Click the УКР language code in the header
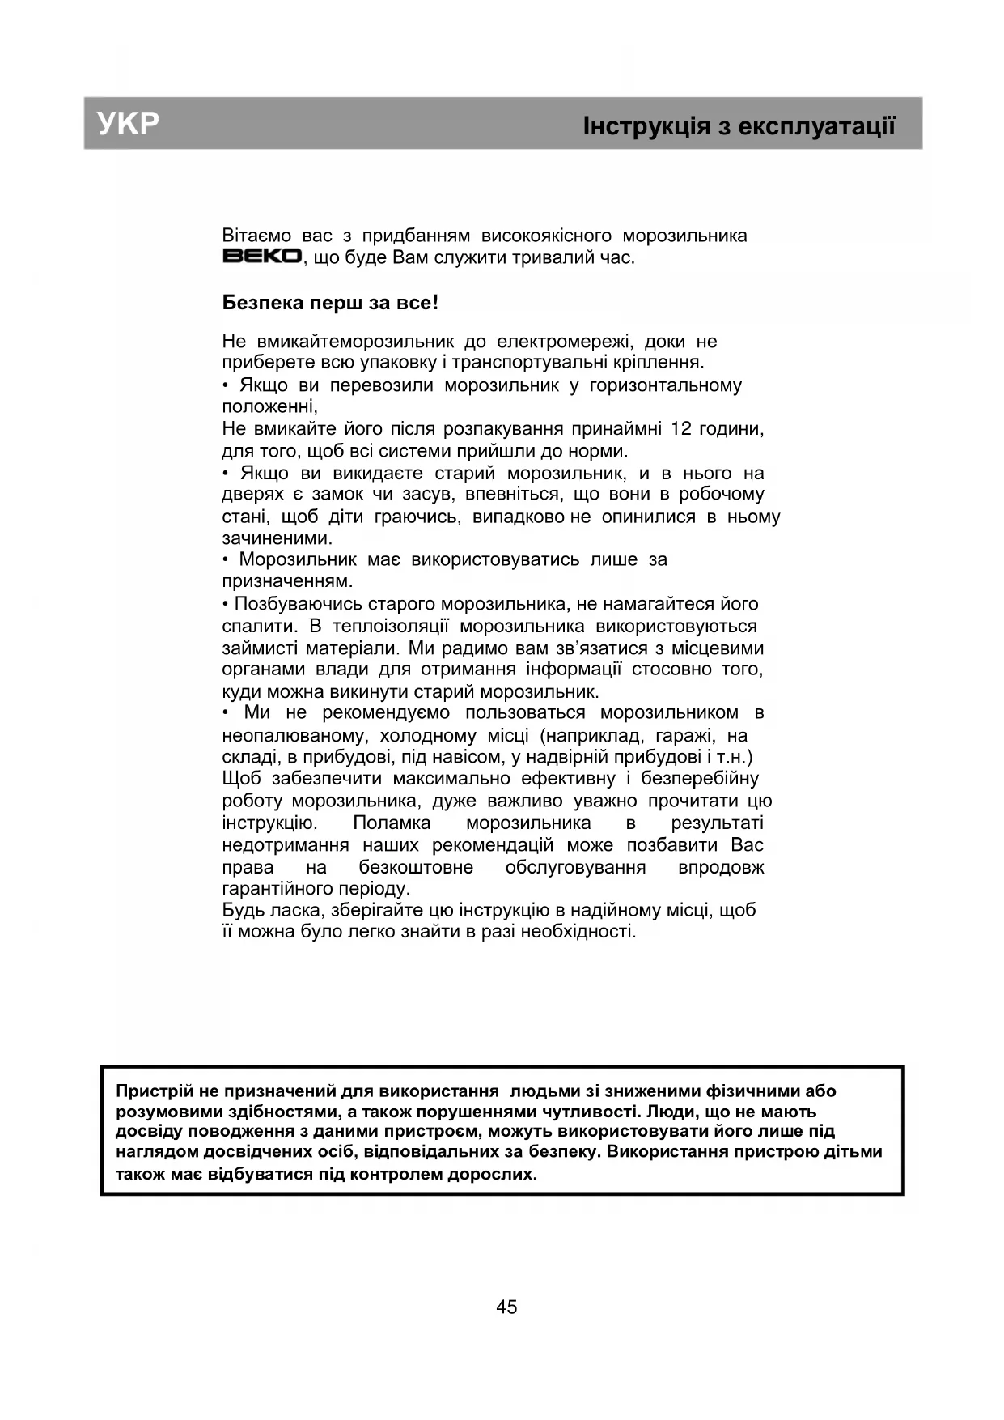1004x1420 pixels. coord(128,124)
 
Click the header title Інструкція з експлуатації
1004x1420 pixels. coord(739,126)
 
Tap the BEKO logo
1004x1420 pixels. coord(262,257)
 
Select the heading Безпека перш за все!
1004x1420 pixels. coord(330,304)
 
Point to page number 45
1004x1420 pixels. coord(506,1307)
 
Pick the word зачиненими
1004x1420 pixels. coord(277,538)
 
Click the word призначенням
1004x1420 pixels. coord(287,581)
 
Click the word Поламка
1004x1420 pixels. coord(392,823)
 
